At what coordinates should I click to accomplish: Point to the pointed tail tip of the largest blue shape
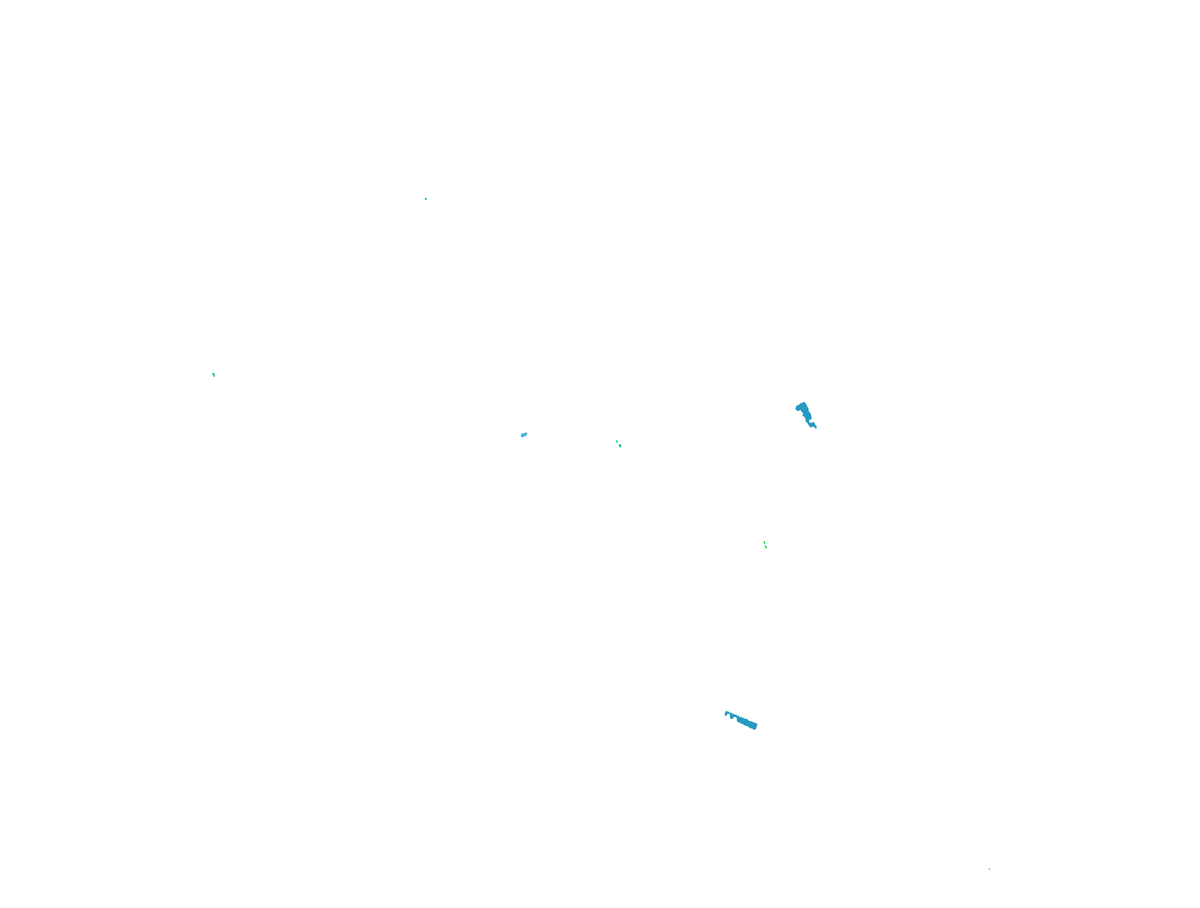click(x=816, y=428)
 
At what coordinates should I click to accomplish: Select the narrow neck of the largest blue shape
click(x=807, y=421)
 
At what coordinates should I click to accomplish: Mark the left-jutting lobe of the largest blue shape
click(x=797, y=408)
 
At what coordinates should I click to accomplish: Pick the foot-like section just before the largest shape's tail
click(x=812, y=425)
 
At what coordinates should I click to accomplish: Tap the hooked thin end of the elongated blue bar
click(x=725, y=715)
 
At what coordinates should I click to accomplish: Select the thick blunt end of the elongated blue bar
click(x=754, y=726)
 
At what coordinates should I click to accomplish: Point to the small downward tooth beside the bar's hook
click(x=732, y=718)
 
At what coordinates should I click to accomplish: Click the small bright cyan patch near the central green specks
click(x=523, y=435)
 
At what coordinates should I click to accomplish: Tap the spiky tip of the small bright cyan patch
click(x=526, y=433)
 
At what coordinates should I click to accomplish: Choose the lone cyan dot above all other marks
click(x=425, y=198)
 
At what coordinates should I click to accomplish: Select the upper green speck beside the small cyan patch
click(x=617, y=441)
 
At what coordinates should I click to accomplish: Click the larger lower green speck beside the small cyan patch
click(x=620, y=445)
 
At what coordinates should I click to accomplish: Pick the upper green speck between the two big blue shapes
click(x=764, y=543)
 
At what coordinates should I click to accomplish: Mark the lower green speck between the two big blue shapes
click(x=766, y=547)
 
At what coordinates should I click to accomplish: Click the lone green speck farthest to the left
click(x=214, y=374)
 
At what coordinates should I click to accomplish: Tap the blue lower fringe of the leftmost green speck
click(x=214, y=376)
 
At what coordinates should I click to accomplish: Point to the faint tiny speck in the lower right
click(x=989, y=869)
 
